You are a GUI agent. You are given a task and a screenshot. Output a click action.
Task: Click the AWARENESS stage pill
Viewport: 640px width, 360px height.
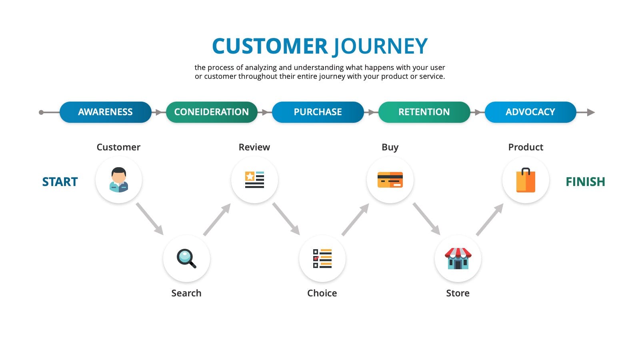(106, 112)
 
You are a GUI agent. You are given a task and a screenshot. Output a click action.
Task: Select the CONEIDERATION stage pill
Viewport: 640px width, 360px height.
(212, 112)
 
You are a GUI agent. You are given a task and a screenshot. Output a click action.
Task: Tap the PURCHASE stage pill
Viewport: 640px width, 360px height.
(318, 112)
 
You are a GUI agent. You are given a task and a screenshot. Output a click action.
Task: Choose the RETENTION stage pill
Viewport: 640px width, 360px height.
(424, 112)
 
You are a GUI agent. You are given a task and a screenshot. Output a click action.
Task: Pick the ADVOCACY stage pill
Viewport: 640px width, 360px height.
(530, 112)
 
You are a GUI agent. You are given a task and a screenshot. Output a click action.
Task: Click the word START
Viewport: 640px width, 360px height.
(60, 182)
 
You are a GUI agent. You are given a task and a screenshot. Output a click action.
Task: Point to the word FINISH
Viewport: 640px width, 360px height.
(586, 182)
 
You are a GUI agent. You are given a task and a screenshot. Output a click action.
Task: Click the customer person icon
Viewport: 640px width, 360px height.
(118, 180)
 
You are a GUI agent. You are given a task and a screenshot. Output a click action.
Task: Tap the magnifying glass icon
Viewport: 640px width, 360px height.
(186, 258)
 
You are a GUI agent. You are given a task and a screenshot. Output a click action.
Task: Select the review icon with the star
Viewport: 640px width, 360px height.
(254, 180)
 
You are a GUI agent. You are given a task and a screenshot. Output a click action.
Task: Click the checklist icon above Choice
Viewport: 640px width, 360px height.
(322, 258)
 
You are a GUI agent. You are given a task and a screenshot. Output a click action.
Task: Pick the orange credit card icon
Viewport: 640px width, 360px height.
(390, 180)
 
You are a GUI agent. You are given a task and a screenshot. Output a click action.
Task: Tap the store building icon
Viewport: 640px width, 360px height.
(458, 258)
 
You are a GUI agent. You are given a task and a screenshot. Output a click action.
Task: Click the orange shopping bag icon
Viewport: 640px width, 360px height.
(526, 180)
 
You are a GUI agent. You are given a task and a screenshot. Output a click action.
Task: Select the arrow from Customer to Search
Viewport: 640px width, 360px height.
(150, 219)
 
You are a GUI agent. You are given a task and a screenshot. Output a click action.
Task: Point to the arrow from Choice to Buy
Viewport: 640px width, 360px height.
(356, 220)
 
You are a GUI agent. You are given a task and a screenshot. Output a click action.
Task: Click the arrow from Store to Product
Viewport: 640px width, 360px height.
(490, 220)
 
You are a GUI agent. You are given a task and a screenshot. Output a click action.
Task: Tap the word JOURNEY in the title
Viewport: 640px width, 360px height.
(380, 46)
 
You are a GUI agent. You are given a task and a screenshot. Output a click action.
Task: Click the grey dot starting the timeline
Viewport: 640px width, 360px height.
(41, 112)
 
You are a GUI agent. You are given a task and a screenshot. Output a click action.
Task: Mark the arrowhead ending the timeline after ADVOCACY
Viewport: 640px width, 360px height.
(591, 112)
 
